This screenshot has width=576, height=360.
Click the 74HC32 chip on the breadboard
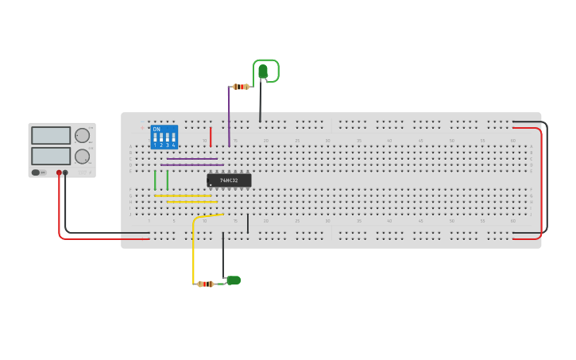pos(229,180)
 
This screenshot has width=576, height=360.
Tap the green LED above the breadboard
pos(263,72)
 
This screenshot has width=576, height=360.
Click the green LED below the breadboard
pos(234,280)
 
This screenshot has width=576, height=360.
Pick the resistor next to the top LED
pos(241,87)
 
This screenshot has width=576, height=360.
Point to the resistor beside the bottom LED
pos(206,284)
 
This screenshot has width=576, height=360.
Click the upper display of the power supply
pos(51,135)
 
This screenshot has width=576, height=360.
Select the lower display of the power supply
pos(51,156)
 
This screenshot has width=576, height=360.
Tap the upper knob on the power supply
pos(82,135)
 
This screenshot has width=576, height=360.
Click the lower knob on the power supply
pos(82,157)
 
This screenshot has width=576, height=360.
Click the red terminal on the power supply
pos(59,172)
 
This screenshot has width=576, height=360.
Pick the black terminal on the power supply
pos(65,172)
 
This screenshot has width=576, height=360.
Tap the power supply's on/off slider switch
pos(36,172)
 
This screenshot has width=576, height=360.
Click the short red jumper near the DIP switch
pos(211,137)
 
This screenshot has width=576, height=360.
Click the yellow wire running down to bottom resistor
pos(193,254)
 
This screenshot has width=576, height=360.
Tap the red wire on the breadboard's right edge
pos(542,183)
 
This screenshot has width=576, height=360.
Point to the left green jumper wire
pos(155,180)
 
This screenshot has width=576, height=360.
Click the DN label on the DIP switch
pos(157,129)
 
